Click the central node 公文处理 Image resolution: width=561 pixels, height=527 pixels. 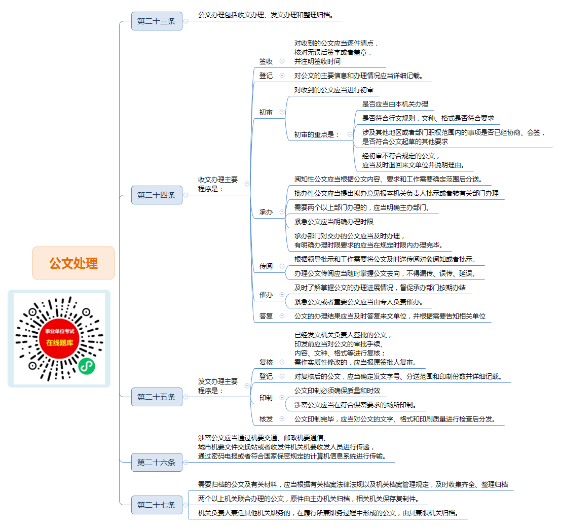tap(73, 263)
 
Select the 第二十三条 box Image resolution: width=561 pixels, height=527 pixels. tap(157, 21)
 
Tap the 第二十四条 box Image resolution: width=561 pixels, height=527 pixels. tap(157, 195)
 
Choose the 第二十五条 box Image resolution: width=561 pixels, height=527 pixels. tap(157, 397)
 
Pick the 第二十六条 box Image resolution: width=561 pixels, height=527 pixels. tap(157, 462)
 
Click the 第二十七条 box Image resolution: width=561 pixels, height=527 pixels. tap(157, 505)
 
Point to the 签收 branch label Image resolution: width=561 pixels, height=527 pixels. tap(266, 61)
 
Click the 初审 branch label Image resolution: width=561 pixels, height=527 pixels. tap(266, 113)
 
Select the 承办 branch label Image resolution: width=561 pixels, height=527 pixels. tap(266, 213)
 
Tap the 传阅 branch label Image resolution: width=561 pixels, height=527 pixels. tap(266, 266)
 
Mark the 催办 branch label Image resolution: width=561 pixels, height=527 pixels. tap(266, 295)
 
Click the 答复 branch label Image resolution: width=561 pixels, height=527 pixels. tap(266, 316)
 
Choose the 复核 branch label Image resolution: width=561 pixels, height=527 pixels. tap(266, 362)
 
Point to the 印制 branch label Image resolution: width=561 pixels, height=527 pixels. tap(266, 398)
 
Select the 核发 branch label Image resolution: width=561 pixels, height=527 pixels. tap(266, 419)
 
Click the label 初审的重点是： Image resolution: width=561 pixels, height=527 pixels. tap(317, 134)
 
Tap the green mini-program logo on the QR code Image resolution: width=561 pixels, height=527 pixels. tap(87, 366)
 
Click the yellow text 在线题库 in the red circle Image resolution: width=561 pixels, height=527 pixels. tap(59, 342)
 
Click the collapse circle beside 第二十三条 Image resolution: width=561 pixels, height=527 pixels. tap(185, 21)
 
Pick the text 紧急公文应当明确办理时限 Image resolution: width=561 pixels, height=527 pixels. tap(334, 222)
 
